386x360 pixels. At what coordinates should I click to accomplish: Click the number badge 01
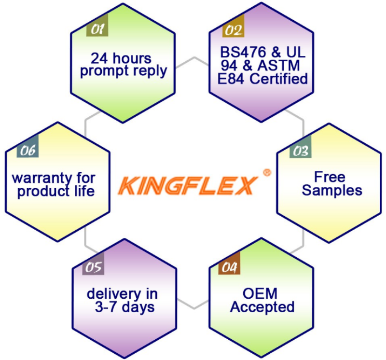(x=97, y=26)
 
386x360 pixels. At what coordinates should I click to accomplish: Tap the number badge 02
(x=234, y=26)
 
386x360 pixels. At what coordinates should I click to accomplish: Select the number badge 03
(x=300, y=147)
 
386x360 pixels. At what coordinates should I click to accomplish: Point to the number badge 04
(x=229, y=263)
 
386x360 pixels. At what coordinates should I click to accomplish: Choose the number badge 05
(x=93, y=263)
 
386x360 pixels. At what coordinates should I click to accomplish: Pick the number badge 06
(x=28, y=146)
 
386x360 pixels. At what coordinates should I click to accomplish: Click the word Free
(x=330, y=177)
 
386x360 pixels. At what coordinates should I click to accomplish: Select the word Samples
(x=332, y=190)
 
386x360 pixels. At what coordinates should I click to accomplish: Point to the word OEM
(x=260, y=293)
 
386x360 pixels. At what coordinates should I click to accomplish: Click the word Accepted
(x=262, y=307)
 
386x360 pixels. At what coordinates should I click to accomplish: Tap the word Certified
(x=279, y=79)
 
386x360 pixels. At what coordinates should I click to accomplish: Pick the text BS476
(x=243, y=52)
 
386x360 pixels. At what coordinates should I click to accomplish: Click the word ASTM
(x=279, y=66)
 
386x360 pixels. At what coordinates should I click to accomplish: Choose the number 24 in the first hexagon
(x=99, y=58)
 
